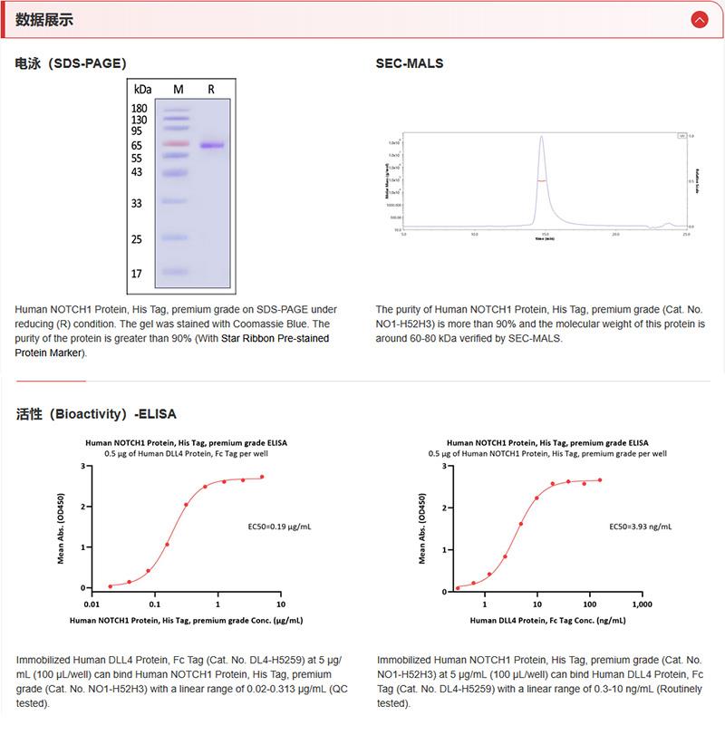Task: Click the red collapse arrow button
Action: click(x=699, y=19)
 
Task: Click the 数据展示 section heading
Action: click(x=44, y=19)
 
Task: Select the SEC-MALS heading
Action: click(x=410, y=63)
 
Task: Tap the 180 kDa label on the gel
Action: click(x=139, y=109)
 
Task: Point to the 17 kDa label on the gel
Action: click(x=137, y=273)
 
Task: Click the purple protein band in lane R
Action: click(x=211, y=145)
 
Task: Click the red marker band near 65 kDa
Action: click(x=177, y=144)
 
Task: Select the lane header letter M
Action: click(x=178, y=89)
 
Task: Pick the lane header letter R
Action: click(x=211, y=89)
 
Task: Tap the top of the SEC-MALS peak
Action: click(x=541, y=138)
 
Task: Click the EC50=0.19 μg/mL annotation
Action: click(x=279, y=526)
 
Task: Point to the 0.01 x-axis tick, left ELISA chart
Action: click(x=91, y=604)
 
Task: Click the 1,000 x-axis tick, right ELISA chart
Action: click(x=640, y=604)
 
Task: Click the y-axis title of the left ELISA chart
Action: click(x=61, y=528)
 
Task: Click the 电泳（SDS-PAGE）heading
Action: click(x=71, y=63)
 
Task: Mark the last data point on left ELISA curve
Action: click(x=262, y=477)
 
